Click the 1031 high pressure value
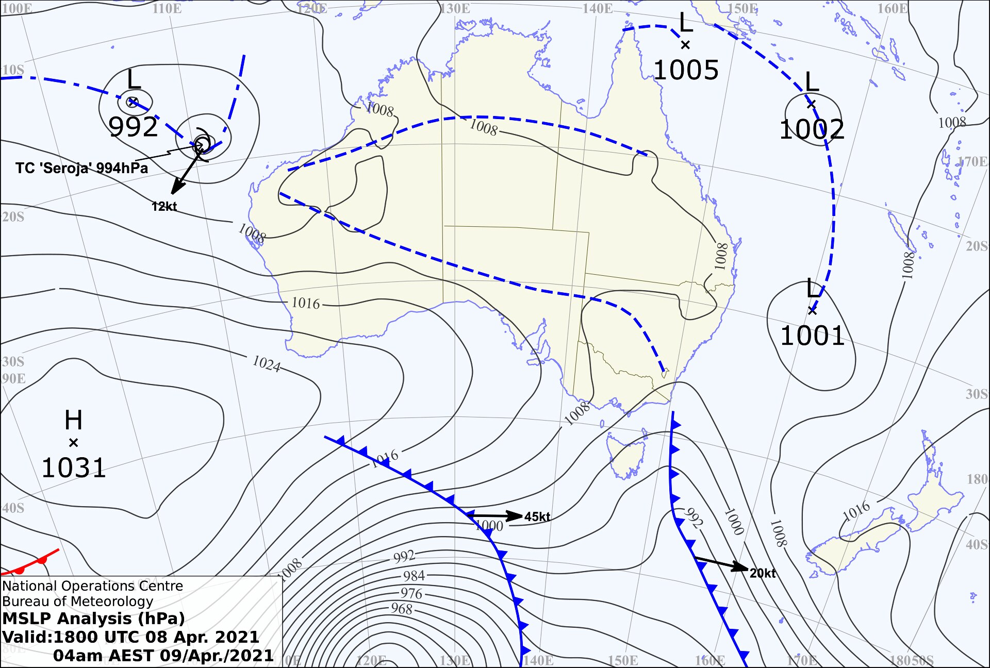(x=73, y=468)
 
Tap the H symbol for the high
(x=73, y=420)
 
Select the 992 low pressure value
(x=133, y=127)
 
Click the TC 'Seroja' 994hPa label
(x=81, y=168)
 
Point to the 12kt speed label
(x=164, y=207)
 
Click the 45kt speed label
(x=537, y=517)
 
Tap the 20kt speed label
(x=763, y=573)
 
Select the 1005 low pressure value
(x=686, y=70)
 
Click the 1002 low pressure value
(x=812, y=129)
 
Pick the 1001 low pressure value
(x=812, y=336)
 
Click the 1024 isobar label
(x=266, y=363)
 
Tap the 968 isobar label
(x=402, y=609)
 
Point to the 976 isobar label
(x=411, y=593)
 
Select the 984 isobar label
(x=414, y=576)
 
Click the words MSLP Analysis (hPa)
(x=93, y=619)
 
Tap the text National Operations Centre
(x=92, y=586)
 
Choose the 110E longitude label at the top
(x=167, y=9)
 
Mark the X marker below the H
(x=73, y=443)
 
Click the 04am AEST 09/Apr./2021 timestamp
(x=163, y=656)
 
